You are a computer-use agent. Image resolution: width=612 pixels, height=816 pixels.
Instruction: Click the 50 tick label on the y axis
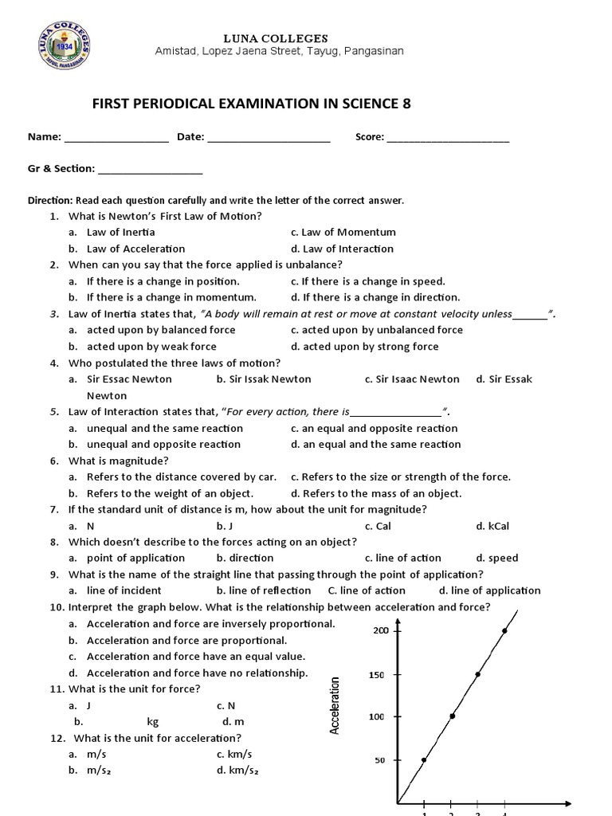(381, 761)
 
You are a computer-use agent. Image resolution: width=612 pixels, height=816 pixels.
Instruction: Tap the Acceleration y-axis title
(335, 705)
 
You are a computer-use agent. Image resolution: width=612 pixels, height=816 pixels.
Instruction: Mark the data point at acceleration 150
(477, 674)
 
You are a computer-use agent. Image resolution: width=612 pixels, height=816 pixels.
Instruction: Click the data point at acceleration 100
(452, 716)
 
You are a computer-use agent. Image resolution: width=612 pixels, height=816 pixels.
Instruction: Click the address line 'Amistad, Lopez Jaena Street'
(279, 51)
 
